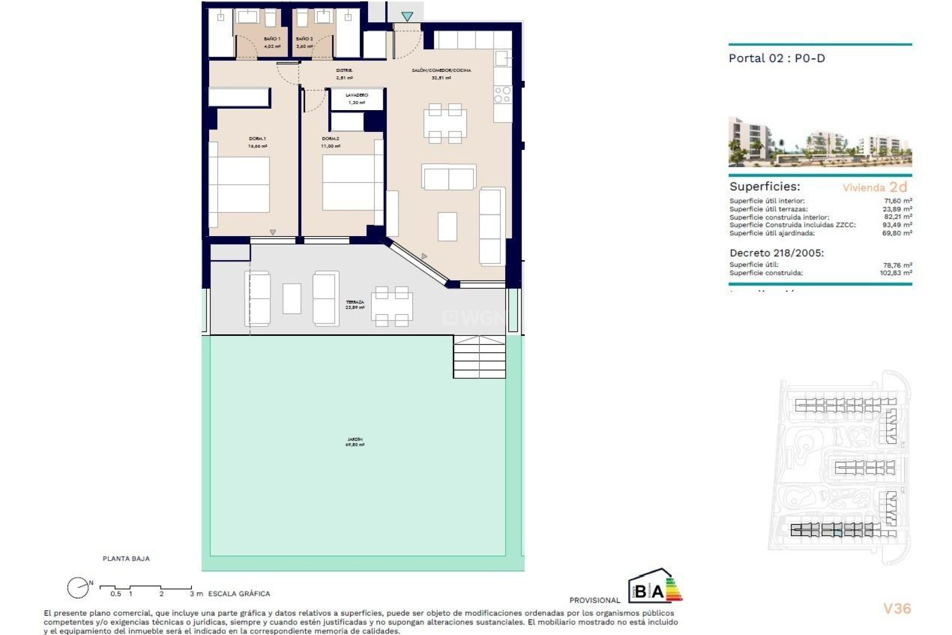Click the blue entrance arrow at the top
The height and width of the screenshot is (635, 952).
click(x=407, y=17)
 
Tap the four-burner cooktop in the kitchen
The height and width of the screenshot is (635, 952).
click(x=502, y=95)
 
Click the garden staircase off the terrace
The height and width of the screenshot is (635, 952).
click(x=479, y=357)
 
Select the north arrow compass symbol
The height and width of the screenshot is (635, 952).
click(x=78, y=588)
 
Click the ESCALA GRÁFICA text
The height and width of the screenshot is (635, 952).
click(x=239, y=594)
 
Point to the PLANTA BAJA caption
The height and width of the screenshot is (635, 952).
click(x=126, y=559)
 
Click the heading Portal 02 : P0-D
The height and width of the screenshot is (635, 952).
click(x=776, y=59)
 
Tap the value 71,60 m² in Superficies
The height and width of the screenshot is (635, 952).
click(x=898, y=201)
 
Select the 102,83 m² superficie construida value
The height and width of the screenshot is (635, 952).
click(x=895, y=273)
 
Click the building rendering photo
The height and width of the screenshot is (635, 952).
click(x=820, y=142)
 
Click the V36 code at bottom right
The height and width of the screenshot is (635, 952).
click(x=897, y=609)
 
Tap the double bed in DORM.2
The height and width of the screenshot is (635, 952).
click(x=349, y=182)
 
